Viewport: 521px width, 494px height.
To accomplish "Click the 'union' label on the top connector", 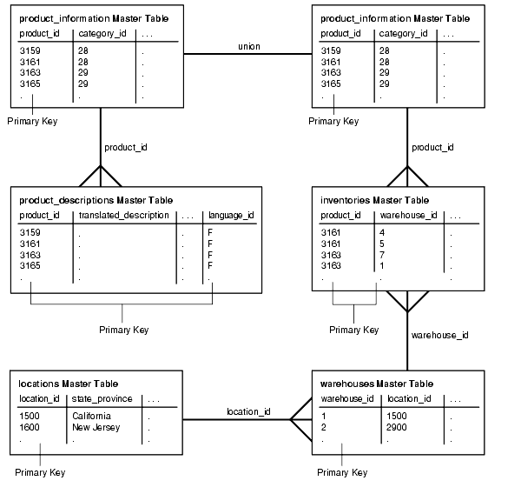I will pyautogui.click(x=248, y=46).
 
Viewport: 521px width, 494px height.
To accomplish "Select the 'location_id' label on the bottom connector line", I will pyautogui.click(x=248, y=411).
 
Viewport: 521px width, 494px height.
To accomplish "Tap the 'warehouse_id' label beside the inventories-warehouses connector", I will pyautogui.click(x=439, y=334).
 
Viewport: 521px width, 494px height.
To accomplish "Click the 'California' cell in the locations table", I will pyautogui.click(x=91, y=416).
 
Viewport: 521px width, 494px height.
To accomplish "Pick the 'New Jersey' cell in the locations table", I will pyautogui.click(x=95, y=427).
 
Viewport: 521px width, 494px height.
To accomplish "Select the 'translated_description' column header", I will pyautogui.click(x=124, y=216).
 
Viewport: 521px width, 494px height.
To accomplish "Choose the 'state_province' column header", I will pyautogui.click(x=102, y=399).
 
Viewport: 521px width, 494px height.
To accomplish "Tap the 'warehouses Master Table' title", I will pyautogui.click(x=377, y=384).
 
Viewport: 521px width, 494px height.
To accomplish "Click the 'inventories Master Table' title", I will pyautogui.click(x=373, y=200).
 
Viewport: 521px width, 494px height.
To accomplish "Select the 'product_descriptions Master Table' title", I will pyautogui.click(x=96, y=200).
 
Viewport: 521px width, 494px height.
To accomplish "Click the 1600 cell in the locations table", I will pyautogui.click(x=29, y=427).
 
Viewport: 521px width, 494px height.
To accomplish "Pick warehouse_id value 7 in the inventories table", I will pyautogui.click(x=382, y=254).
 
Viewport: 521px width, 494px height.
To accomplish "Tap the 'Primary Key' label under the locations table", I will pyautogui.click(x=40, y=472).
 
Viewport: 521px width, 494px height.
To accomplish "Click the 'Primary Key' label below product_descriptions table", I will pyautogui.click(x=123, y=330).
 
